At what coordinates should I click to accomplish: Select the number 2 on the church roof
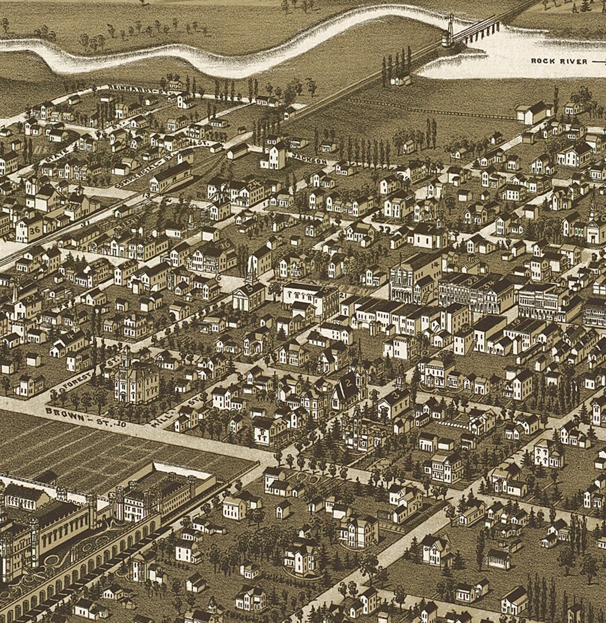click(349, 381)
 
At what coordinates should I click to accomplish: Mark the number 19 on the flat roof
click(517, 323)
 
